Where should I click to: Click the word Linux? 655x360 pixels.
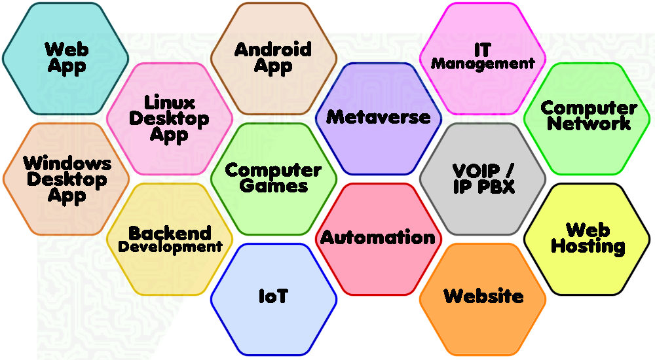pos(170,103)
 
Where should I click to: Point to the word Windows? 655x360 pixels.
pos(67,163)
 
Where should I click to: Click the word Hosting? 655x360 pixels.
pos(588,246)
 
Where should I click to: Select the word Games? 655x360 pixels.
pos(274,186)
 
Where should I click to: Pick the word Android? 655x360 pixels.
pos(273,49)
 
